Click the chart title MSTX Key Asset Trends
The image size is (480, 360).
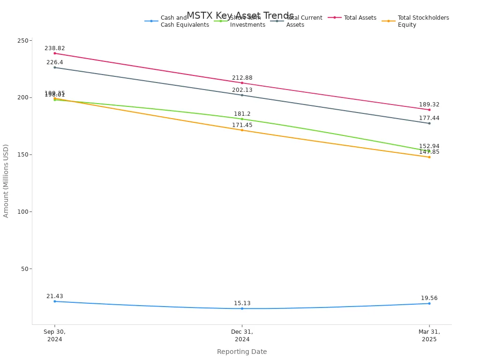pyautogui.click(x=240, y=15)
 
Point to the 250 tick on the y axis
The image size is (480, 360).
pyautogui.click(x=22, y=41)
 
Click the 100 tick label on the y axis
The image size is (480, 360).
pyautogui.click(x=22, y=212)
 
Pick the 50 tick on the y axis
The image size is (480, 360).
pyautogui.click(x=24, y=269)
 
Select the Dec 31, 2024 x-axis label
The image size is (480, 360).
pyautogui.click(x=242, y=336)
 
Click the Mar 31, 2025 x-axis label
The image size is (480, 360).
pyautogui.click(x=429, y=336)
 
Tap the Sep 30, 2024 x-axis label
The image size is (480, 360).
pyautogui.click(x=55, y=336)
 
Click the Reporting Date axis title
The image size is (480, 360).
pyautogui.click(x=242, y=352)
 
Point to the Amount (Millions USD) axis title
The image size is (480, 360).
pyautogui.click(x=6, y=181)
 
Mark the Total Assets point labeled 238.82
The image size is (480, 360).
pyautogui.click(x=55, y=53)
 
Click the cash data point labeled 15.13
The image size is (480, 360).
pyautogui.click(x=242, y=308)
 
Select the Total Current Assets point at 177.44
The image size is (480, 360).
pyautogui.click(x=429, y=123)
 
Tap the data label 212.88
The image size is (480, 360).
pyautogui.click(x=242, y=78)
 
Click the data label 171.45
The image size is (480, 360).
pyautogui.click(x=242, y=125)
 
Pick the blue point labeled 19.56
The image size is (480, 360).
pyautogui.click(x=429, y=303)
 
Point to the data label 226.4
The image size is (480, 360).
pyautogui.click(x=55, y=62)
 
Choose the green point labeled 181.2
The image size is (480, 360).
pyautogui.click(x=242, y=119)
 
